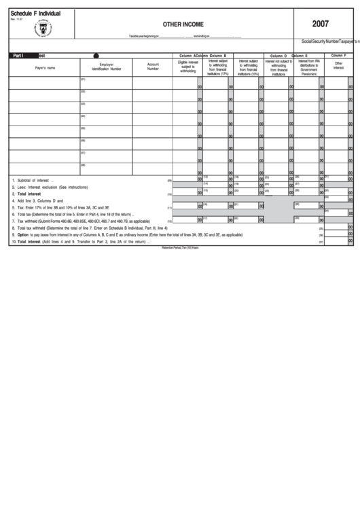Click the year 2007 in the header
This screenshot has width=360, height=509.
(320, 24)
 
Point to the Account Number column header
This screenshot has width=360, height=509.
(154, 67)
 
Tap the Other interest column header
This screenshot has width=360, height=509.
(338, 66)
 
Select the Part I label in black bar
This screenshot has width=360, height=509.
(18, 55)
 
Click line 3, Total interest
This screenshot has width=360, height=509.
(26, 194)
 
